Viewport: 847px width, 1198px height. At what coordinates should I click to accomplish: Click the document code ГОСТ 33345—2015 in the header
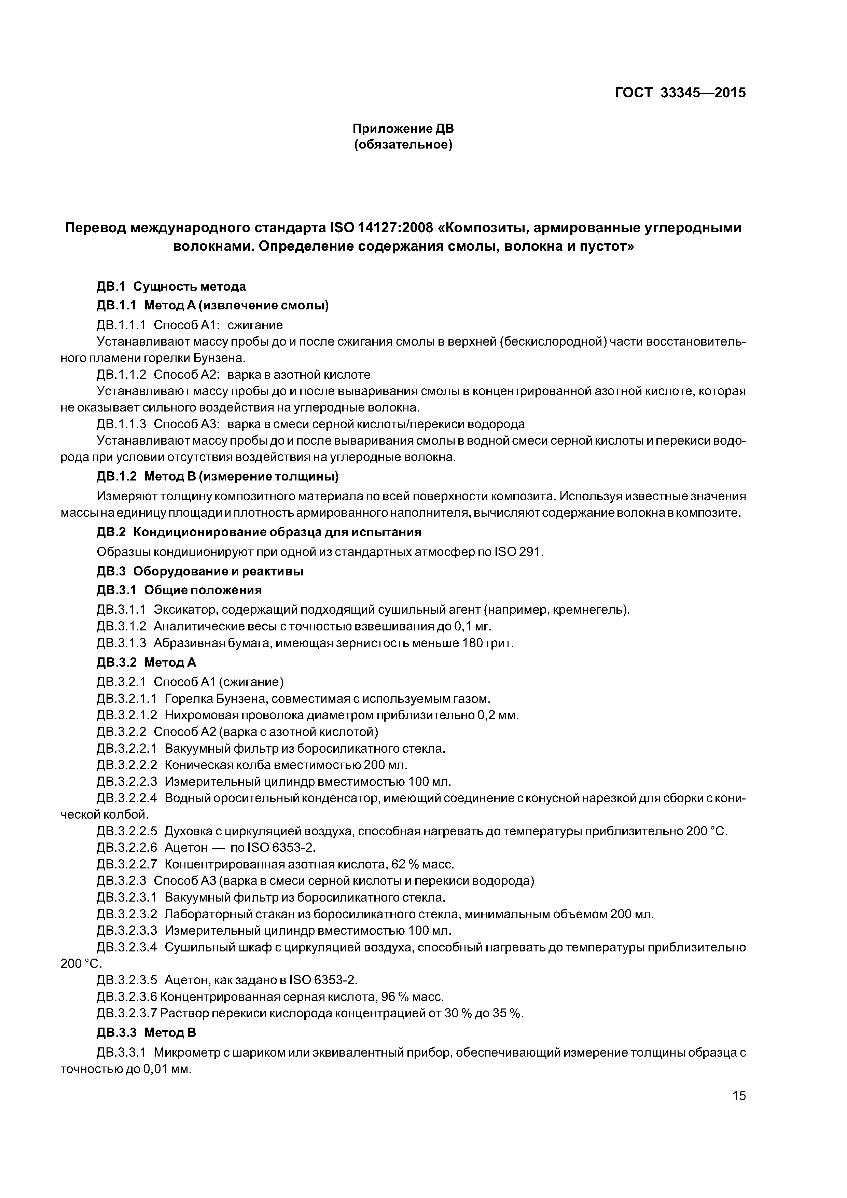(x=680, y=93)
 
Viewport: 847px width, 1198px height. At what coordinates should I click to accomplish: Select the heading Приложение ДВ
(x=403, y=128)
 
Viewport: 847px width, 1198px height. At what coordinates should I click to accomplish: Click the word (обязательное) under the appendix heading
(x=403, y=144)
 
